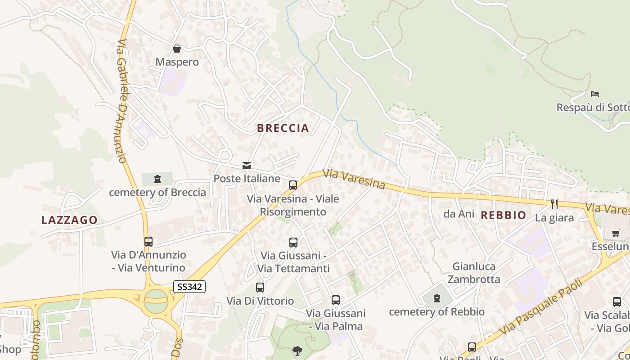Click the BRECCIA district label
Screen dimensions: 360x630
pyautogui.click(x=283, y=128)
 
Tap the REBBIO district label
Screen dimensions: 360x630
pyautogui.click(x=503, y=215)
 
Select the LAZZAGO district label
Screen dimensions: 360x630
pyautogui.click(x=69, y=220)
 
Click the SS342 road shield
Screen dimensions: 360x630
pyautogui.click(x=189, y=287)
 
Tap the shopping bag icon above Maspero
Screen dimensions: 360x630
pyautogui.click(x=177, y=49)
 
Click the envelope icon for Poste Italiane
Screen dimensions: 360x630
pyautogui.click(x=247, y=166)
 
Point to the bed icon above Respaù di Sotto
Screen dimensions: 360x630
pyautogui.click(x=595, y=94)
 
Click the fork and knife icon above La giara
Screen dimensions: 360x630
pyautogui.click(x=554, y=204)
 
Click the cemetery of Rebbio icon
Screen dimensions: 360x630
pyautogui.click(x=436, y=298)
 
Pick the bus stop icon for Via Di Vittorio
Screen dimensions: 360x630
pyautogui.click(x=260, y=288)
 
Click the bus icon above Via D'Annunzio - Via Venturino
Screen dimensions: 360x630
pyautogui.click(x=148, y=242)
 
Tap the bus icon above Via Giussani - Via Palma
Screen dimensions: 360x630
pyautogui.click(x=335, y=300)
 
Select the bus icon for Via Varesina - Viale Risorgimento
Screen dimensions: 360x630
pyautogui.click(x=293, y=185)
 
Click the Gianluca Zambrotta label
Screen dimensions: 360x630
pyautogui.click(x=476, y=273)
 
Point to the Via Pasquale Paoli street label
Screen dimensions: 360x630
pyautogui.click(x=541, y=307)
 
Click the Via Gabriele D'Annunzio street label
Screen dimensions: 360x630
pyautogui.click(x=121, y=101)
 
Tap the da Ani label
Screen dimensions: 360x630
pyautogui.click(x=459, y=214)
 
